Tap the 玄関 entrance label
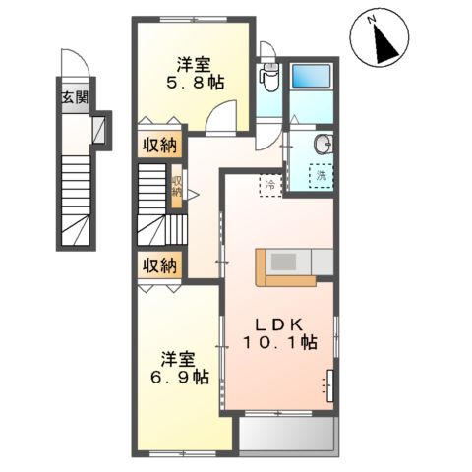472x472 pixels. pyautogui.click(x=75, y=97)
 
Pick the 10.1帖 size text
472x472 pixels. pyautogui.click(x=280, y=343)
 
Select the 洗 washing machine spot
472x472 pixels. pyautogui.click(x=320, y=177)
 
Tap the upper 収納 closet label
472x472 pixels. pyautogui.click(x=157, y=147)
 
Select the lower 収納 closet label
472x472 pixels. pyautogui.click(x=157, y=265)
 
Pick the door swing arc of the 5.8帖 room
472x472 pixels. pyautogui.click(x=223, y=118)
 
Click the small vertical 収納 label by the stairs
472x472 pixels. pyautogui.click(x=177, y=186)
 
